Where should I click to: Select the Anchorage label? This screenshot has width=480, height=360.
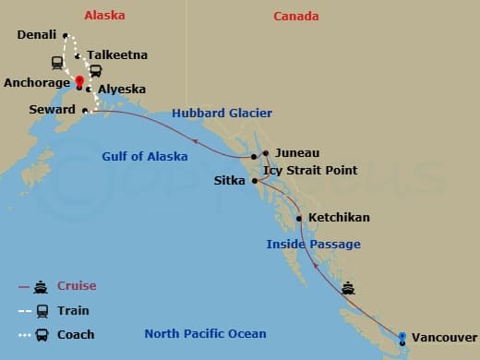[36, 82]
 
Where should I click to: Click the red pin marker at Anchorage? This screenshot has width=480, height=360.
[80, 81]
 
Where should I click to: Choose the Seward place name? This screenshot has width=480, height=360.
[54, 110]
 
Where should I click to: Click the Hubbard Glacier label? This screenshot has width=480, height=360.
[222, 114]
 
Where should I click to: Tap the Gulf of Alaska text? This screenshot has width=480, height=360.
[144, 157]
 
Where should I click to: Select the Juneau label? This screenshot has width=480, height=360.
[295, 153]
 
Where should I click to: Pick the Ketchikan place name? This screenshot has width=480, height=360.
[339, 218]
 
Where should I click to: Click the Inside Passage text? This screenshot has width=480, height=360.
[313, 245]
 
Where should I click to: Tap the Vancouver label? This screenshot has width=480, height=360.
[444, 338]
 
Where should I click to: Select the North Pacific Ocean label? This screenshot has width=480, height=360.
[205, 334]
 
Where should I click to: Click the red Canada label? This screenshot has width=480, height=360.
[296, 17]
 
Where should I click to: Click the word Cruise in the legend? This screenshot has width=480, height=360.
[77, 286]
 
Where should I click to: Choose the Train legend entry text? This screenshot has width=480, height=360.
[73, 311]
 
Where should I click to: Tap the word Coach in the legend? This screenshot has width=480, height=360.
[76, 335]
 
